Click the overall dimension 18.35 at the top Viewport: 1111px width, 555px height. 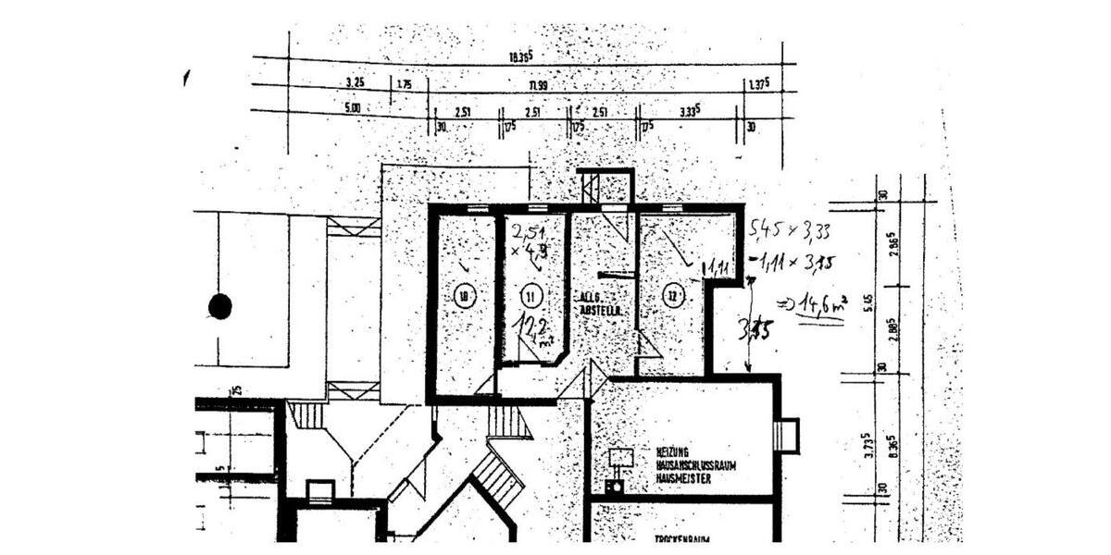520,58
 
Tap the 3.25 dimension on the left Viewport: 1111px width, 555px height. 355,83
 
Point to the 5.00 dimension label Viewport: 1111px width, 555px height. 351,108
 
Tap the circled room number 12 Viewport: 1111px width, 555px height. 673,296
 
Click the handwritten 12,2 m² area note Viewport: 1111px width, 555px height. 534,330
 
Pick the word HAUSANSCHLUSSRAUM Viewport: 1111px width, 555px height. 695,466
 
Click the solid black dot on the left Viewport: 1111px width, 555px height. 219,306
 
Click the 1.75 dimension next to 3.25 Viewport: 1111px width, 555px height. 404,84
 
